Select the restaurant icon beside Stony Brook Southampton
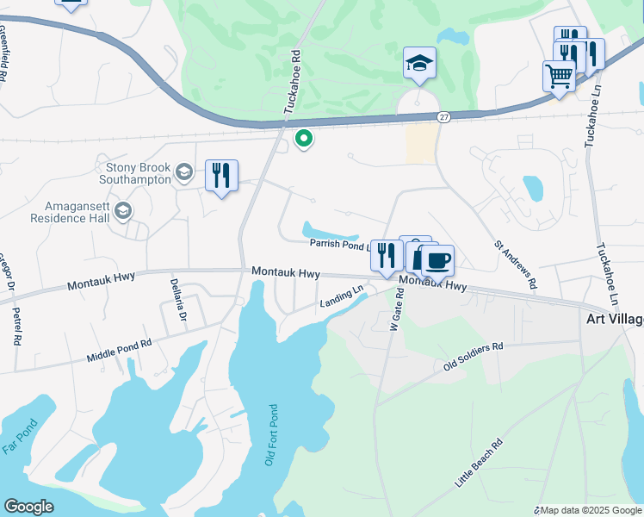(x=221, y=176)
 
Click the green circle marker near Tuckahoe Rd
(x=303, y=138)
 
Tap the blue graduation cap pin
(x=419, y=63)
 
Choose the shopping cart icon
(x=559, y=77)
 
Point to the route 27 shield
(x=443, y=117)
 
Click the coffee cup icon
(x=437, y=260)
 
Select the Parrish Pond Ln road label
(x=341, y=244)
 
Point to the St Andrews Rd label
(x=516, y=265)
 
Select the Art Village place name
(x=615, y=319)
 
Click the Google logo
(x=28, y=507)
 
